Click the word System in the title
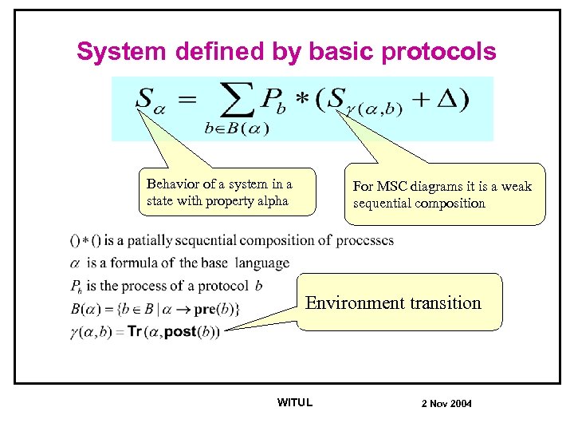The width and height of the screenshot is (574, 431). [121, 53]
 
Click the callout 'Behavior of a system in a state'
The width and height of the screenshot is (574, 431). [226, 192]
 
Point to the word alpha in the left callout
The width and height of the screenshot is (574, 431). [271, 201]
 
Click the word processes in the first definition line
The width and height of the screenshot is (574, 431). [364, 240]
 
